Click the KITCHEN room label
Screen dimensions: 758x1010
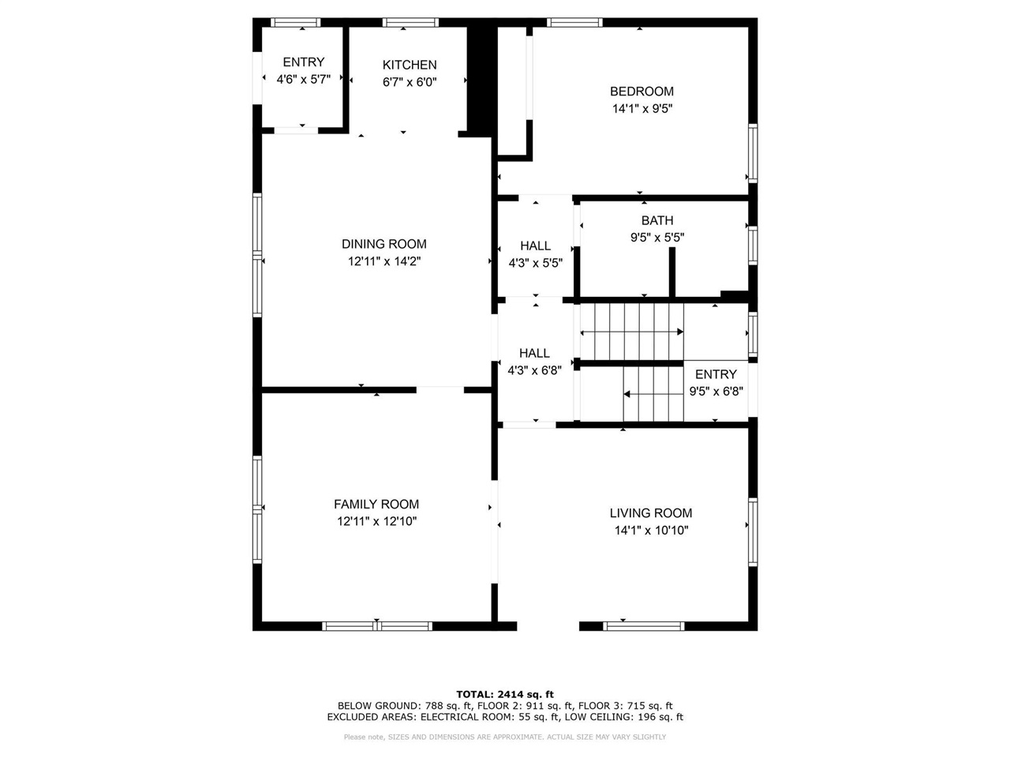click(409, 65)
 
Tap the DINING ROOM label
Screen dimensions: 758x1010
click(383, 244)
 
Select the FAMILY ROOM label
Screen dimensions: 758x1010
click(376, 504)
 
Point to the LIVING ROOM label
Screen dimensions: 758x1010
click(651, 512)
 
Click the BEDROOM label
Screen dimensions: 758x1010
click(642, 91)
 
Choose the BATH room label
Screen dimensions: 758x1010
click(656, 220)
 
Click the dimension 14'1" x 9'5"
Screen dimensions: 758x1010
click(642, 109)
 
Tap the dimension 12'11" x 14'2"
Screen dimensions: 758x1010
click(383, 261)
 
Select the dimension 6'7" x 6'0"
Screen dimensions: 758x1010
click(409, 81)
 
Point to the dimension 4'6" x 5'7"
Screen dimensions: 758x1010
click(303, 79)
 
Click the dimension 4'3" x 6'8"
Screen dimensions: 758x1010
click(534, 370)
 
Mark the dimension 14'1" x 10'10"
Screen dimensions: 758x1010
click(651, 531)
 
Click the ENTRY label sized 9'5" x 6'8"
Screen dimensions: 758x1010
click(716, 374)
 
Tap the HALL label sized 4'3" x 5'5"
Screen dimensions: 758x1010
click(535, 246)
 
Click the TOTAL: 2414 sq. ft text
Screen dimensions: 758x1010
click(505, 694)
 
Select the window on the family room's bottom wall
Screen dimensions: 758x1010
click(377, 626)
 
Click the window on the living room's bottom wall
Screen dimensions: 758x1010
click(643, 626)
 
